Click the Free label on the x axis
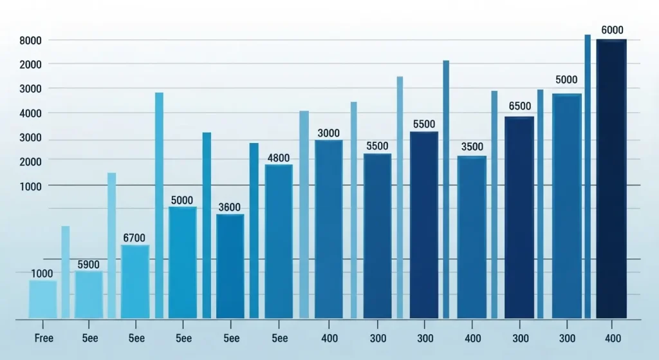pos(43,337)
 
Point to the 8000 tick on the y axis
pos(31,41)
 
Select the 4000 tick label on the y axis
pos(31,113)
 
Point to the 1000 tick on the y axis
pos(31,185)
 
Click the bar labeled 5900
pos(89,294)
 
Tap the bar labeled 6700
pos(135,281)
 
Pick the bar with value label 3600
pos(230,266)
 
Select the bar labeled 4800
pos(279,242)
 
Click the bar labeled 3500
pos(472,237)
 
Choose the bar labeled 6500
pos(519,217)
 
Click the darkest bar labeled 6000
pos(611,179)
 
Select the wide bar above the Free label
pos(43,299)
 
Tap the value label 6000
pos(612,30)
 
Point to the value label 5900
pos(89,264)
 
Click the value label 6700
pos(135,238)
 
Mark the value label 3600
pos(229,207)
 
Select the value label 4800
pos(279,158)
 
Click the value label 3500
pos(472,147)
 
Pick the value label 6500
pos(519,106)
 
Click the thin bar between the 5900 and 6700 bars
pos(112,245)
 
